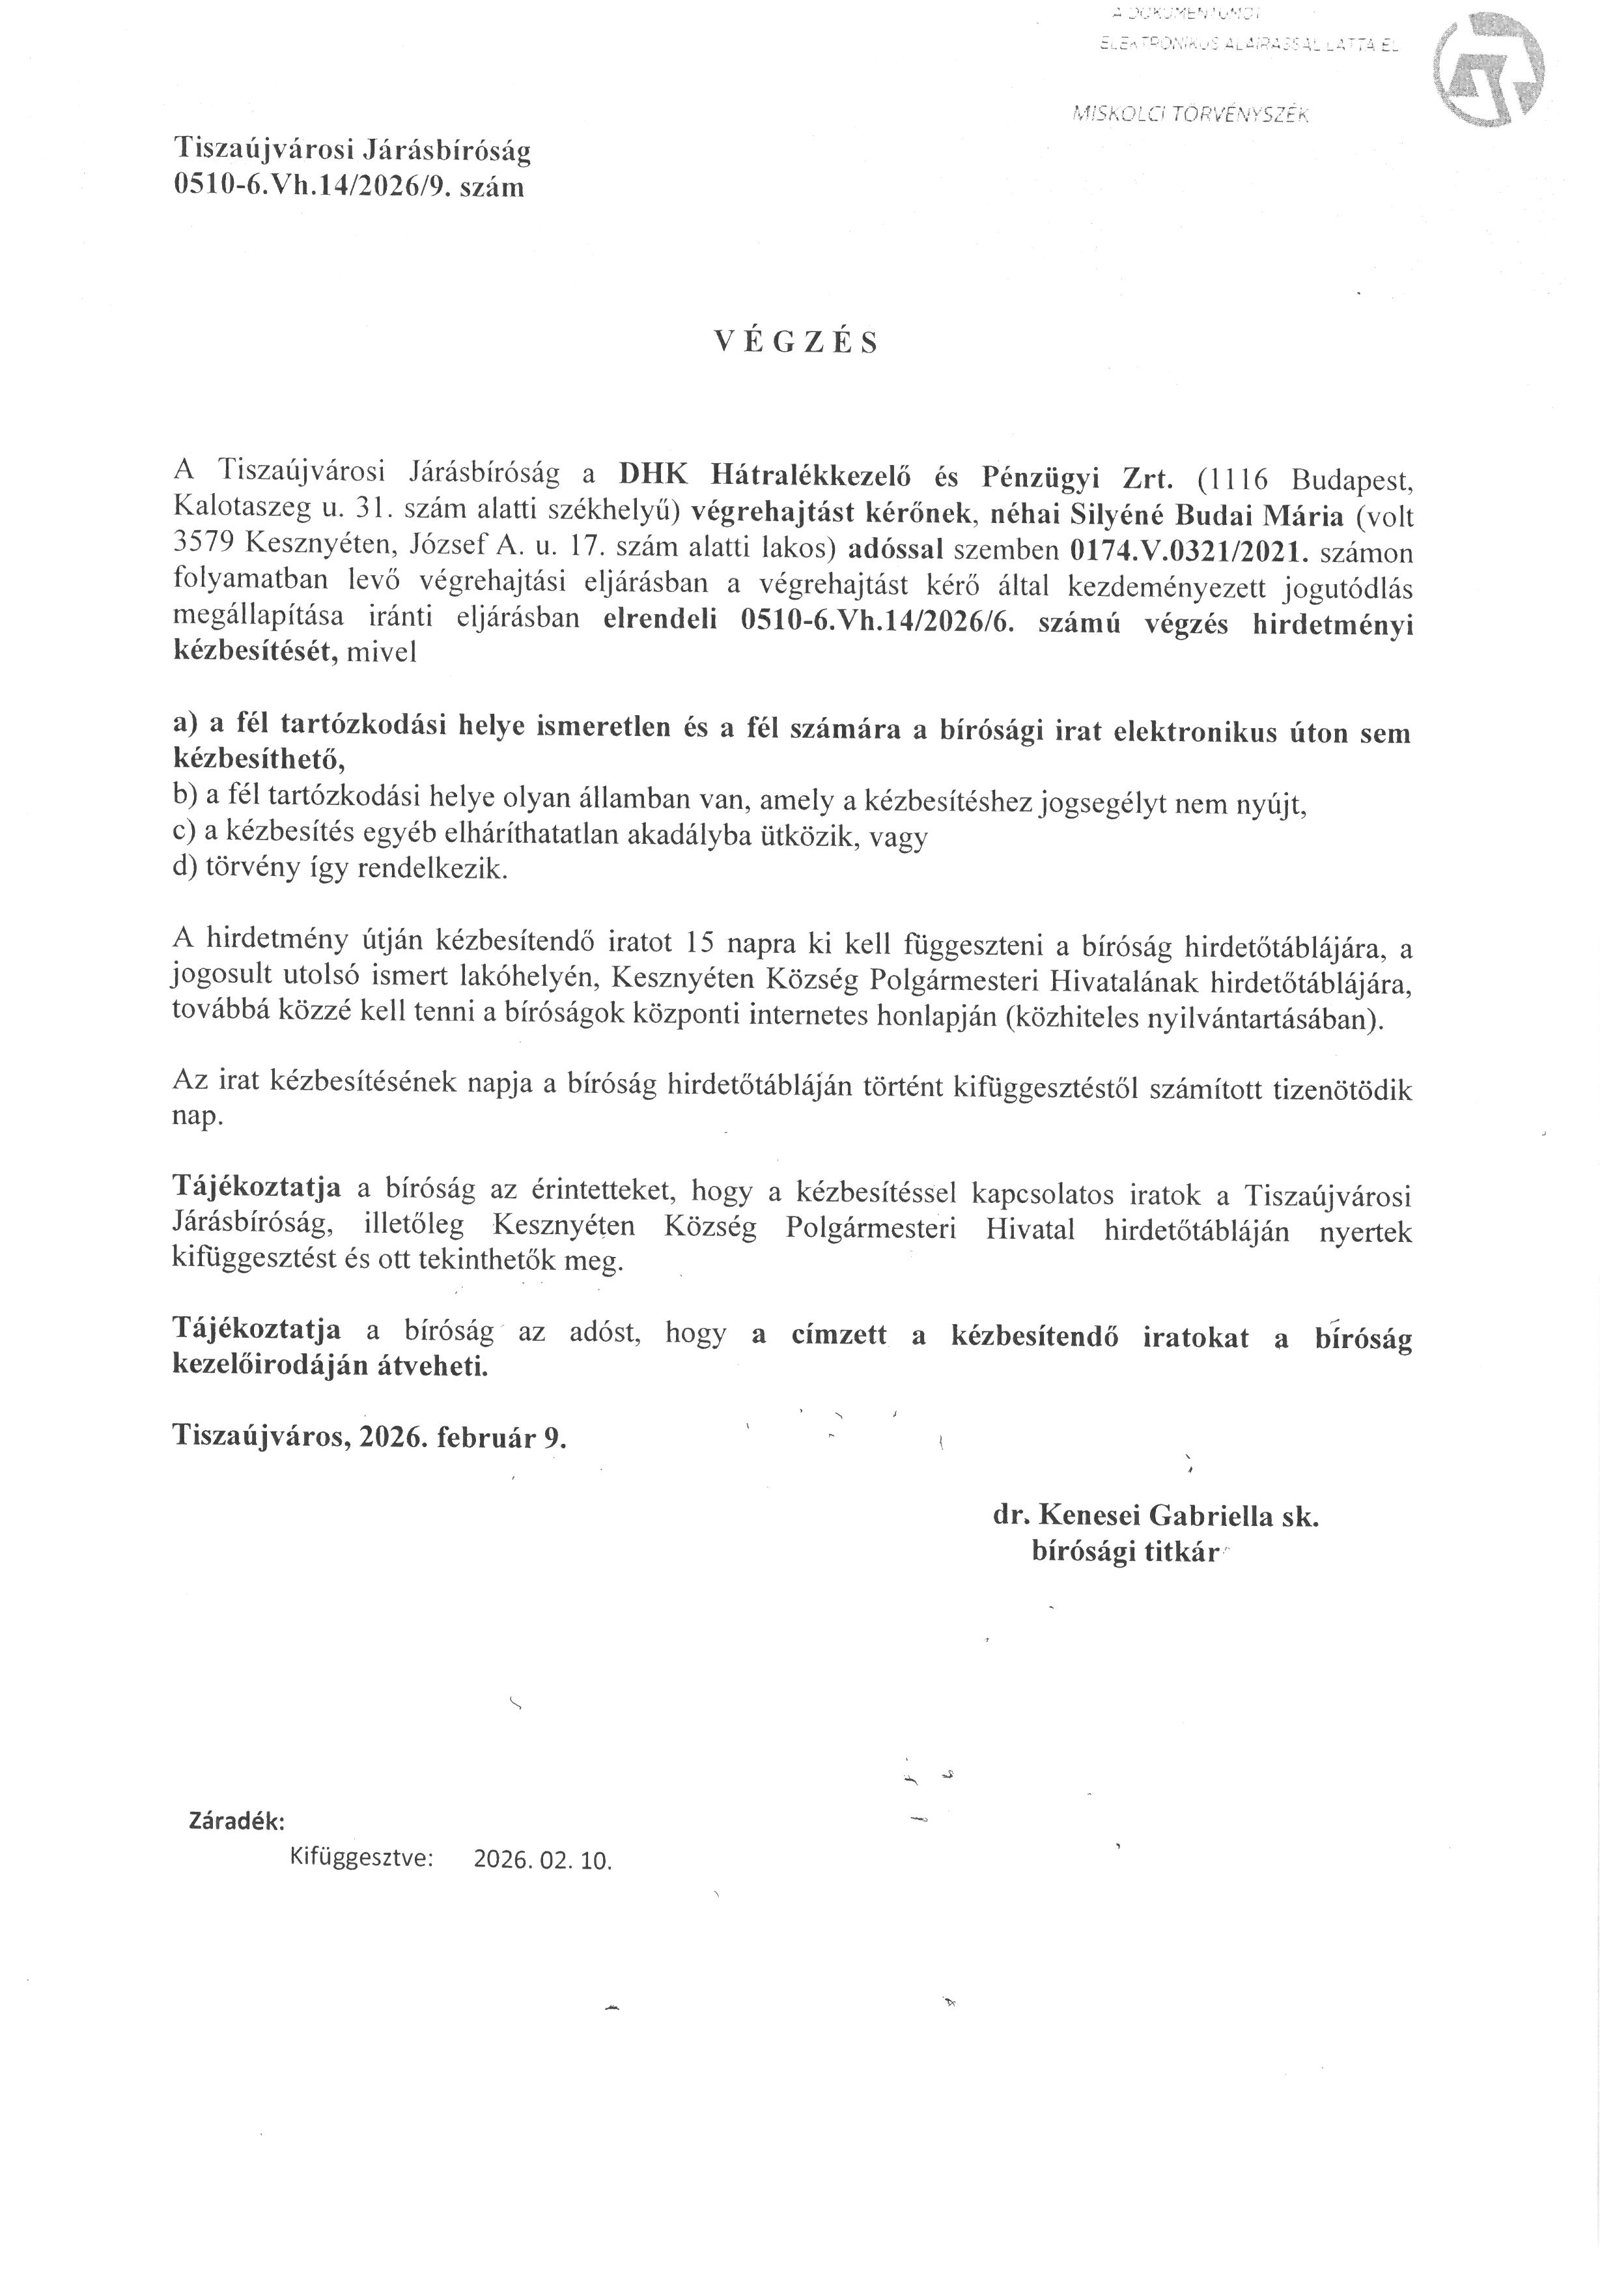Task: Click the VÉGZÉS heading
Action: point(796,343)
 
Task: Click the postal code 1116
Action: point(1233,479)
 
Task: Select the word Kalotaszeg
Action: point(239,513)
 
